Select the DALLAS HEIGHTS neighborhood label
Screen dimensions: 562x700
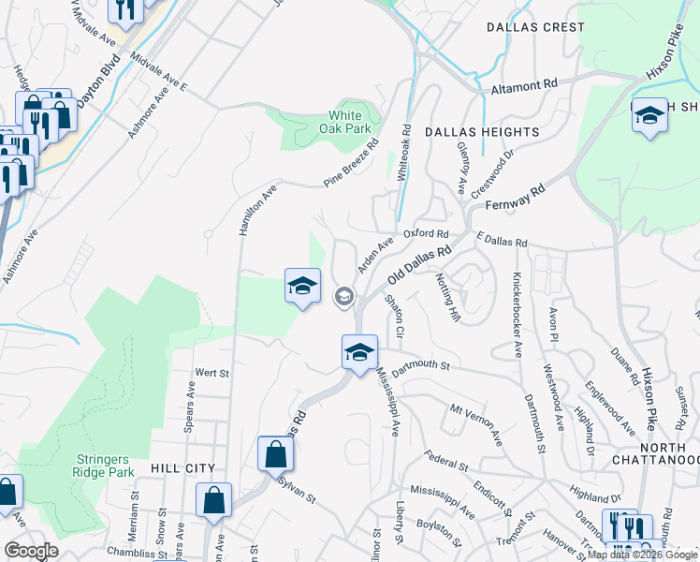482,133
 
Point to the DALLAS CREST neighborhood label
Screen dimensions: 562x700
535,27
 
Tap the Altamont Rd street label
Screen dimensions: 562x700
524,84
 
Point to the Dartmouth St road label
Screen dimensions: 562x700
422,367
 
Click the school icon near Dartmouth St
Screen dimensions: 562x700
359,353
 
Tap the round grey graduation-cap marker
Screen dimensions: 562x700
343,297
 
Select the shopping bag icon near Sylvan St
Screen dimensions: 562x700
275,454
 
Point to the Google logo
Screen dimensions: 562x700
31,551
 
